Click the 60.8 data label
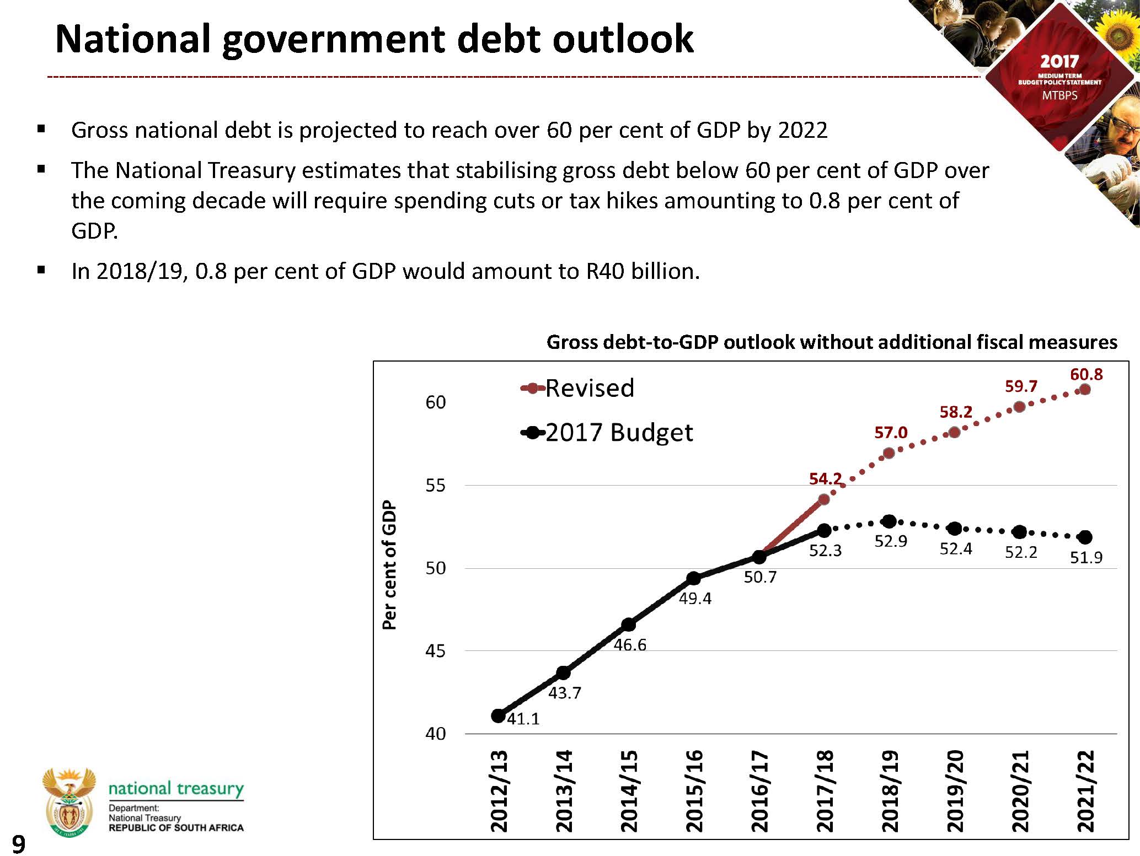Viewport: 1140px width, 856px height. pyautogui.click(x=1086, y=375)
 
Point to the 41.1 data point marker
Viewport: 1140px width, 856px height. pyautogui.click(x=498, y=716)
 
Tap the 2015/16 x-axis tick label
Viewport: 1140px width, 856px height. pyautogui.click(x=694, y=791)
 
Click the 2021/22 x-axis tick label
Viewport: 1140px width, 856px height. pyautogui.click(x=1085, y=791)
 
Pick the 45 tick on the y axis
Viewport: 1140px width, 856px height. pyautogui.click(x=435, y=651)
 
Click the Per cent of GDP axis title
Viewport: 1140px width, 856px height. pyautogui.click(x=389, y=565)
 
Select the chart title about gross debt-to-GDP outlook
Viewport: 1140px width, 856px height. pyautogui.click(x=832, y=342)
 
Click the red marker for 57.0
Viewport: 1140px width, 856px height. pyautogui.click(x=889, y=454)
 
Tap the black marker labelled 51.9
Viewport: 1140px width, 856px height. pyautogui.click(x=1085, y=537)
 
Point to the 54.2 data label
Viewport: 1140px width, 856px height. pyautogui.click(x=825, y=479)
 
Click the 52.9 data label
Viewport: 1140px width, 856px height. pyautogui.click(x=891, y=541)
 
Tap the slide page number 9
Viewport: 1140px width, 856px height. pyautogui.click(x=18, y=844)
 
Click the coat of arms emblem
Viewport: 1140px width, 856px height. pyautogui.click(x=69, y=803)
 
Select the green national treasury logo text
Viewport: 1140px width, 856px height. pyautogui.click(x=176, y=788)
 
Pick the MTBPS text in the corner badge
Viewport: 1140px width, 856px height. pyautogui.click(x=1059, y=95)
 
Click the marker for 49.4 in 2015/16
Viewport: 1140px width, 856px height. pyautogui.click(x=694, y=578)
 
